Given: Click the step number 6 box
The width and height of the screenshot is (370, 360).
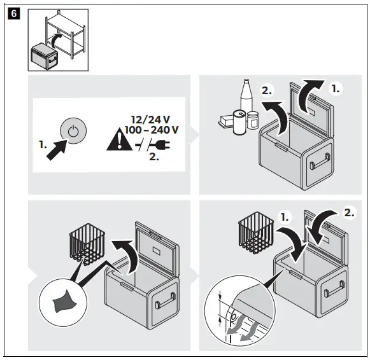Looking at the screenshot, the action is coord(14,13).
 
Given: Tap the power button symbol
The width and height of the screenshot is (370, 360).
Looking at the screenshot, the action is coord(73,131).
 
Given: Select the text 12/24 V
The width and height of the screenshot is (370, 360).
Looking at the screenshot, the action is coord(150,120).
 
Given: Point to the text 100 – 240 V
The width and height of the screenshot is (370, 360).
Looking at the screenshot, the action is coord(152,130).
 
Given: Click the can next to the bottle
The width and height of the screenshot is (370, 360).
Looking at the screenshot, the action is coord(239,123).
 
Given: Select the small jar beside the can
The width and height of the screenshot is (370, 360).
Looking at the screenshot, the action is coord(253,120).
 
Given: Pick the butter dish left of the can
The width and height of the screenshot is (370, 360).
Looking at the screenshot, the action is coord(226,121).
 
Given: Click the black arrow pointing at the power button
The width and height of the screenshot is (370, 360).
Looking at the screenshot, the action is coord(57,150).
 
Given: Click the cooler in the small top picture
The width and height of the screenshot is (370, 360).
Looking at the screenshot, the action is coord(45,57).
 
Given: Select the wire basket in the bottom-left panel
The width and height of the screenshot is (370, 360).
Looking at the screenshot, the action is coord(87,244).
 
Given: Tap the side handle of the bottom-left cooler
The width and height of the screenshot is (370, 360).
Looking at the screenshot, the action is coord(165,300).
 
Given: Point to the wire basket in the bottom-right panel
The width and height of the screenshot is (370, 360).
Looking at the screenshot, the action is coord(256,233).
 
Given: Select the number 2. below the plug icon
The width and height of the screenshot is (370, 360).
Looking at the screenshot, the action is coord(154,157).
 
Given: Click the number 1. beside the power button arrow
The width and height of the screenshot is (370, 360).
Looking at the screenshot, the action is coord(43,144).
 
